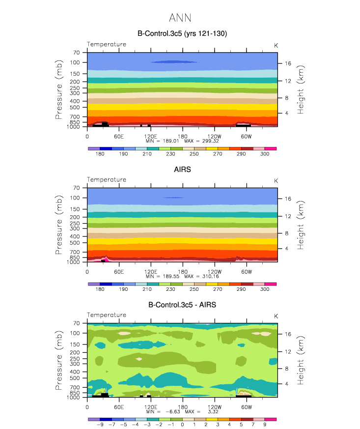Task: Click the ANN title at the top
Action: pos(180,18)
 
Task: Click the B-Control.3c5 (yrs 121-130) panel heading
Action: pos(182,33)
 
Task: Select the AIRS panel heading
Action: pos(182,170)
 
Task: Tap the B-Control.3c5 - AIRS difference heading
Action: pos(182,305)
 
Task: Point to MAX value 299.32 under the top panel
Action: pos(211,141)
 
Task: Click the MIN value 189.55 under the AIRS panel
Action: pos(171,276)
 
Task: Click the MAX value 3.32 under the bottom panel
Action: pos(213,412)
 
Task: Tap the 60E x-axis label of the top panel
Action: pos(119,136)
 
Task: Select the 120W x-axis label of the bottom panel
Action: pos(215,407)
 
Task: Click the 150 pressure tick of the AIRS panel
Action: pos(75,209)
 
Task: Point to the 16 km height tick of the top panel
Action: pos(288,63)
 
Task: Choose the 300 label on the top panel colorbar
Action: pos(265,154)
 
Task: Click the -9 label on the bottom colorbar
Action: pos(100,425)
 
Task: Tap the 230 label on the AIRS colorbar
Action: pos(170,289)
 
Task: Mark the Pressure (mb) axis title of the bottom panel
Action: pos(59,360)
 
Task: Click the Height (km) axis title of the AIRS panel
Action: pos(300,225)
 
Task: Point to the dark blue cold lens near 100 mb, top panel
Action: pos(174,62)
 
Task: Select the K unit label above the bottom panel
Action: pos(276,316)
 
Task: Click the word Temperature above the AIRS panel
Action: pos(107,180)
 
